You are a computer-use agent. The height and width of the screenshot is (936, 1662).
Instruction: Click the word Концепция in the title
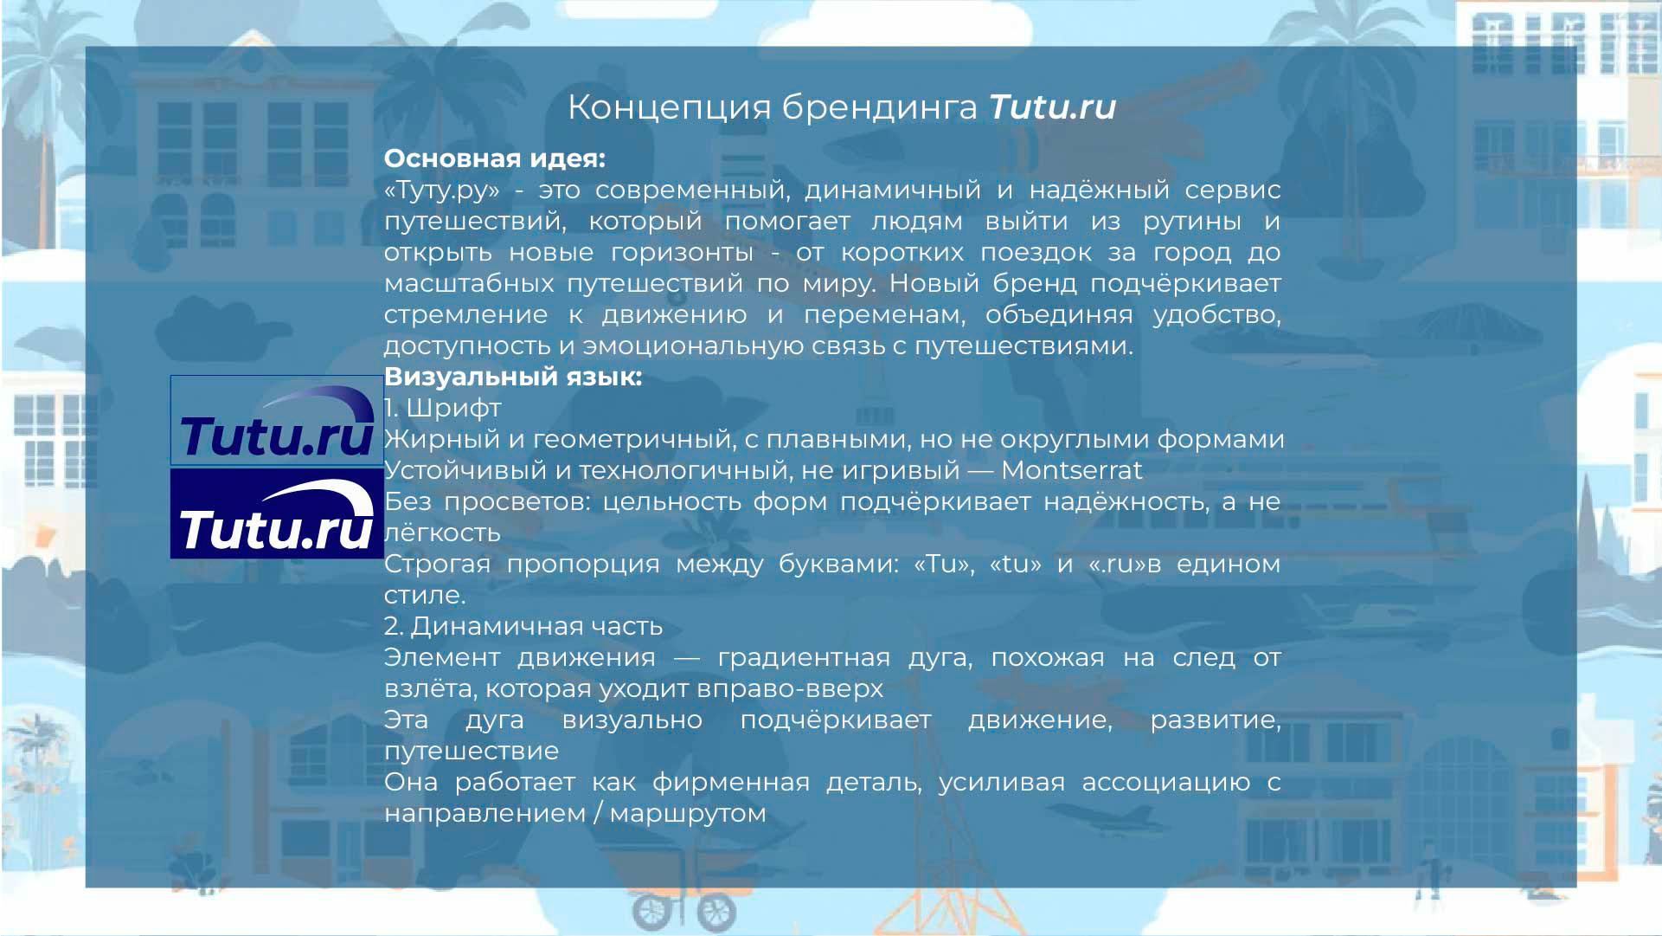[x=670, y=108]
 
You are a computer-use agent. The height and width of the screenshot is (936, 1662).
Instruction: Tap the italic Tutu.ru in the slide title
[x=1052, y=107]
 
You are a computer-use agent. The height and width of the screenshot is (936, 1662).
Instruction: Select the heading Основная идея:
[x=495, y=159]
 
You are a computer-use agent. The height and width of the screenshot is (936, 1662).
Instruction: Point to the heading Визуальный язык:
[x=513, y=378]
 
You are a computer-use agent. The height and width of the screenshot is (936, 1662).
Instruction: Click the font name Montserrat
[x=1072, y=470]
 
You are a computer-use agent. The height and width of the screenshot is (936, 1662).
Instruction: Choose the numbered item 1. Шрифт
[x=442, y=409]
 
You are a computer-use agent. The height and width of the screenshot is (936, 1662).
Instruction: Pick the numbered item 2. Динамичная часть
[x=523, y=626]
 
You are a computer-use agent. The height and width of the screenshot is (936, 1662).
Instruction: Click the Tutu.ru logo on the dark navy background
[x=277, y=513]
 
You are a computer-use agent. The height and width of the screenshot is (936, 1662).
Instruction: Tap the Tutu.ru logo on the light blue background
[x=277, y=420]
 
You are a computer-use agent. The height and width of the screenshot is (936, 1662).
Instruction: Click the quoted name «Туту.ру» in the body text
[x=442, y=190]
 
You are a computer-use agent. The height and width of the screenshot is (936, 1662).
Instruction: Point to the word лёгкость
[x=442, y=533]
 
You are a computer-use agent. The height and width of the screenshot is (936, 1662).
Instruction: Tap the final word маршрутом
[x=688, y=814]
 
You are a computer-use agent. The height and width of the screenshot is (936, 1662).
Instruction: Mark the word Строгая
[x=436, y=565]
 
